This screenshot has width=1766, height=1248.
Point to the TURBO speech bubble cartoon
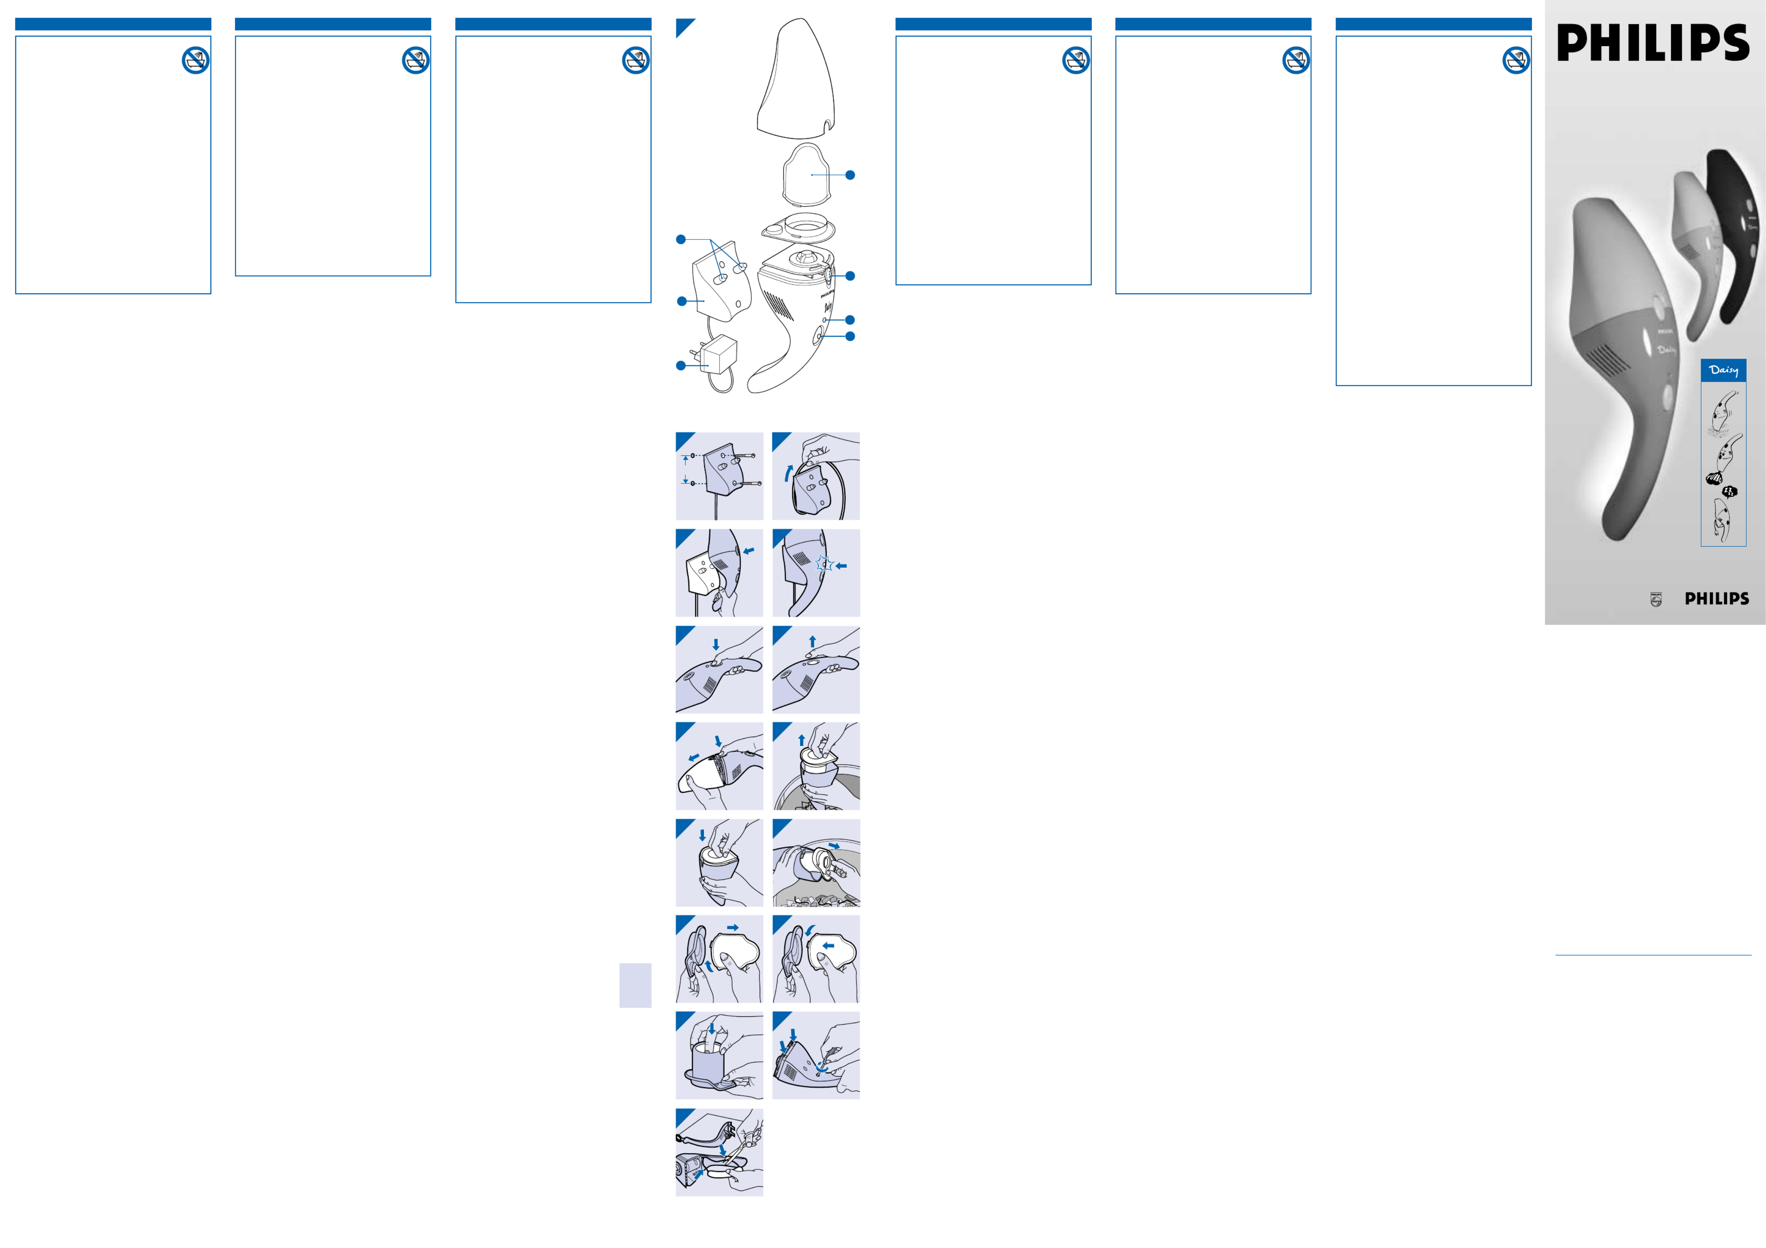pos(1714,478)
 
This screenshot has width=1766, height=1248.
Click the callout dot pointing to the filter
pos(850,175)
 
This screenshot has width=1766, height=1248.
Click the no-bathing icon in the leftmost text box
pos(196,60)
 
